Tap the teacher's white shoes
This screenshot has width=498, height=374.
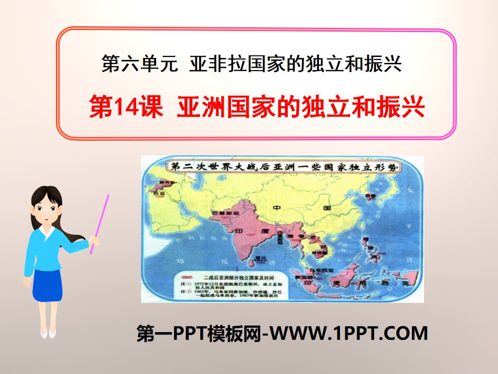48,334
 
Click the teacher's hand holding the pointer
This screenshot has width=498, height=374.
94,241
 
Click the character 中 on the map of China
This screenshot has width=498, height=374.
277,208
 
